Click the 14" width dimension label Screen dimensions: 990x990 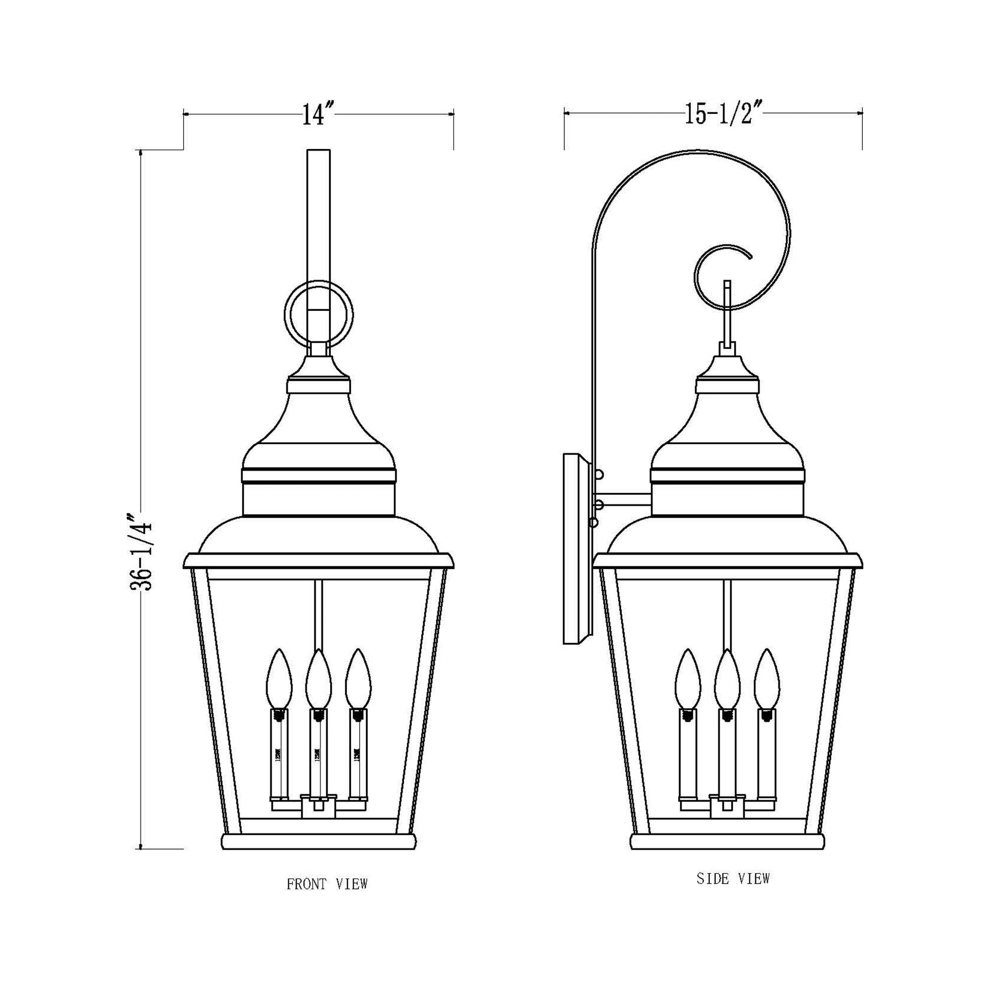317,115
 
